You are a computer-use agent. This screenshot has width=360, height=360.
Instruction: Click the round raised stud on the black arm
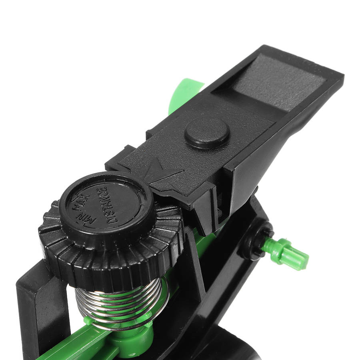207,133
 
